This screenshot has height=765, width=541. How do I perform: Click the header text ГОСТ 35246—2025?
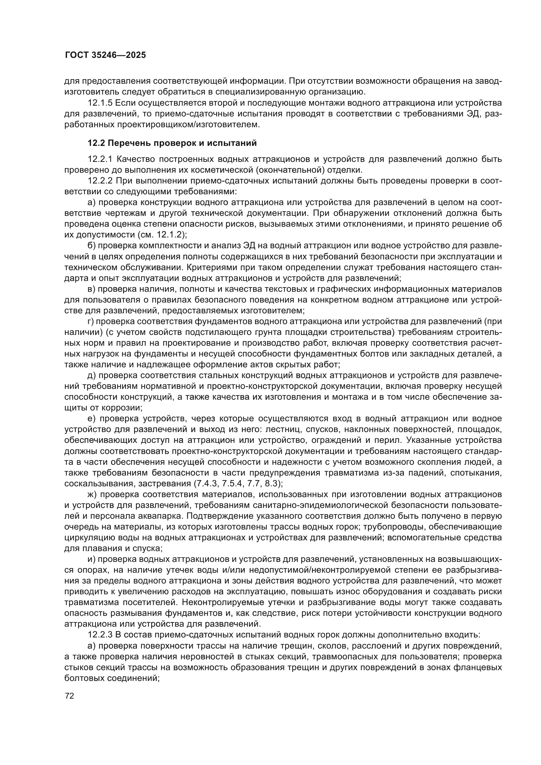click(x=105, y=55)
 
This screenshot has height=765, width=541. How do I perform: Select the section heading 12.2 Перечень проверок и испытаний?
click(x=172, y=143)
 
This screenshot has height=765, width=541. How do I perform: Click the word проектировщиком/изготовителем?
click(x=188, y=125)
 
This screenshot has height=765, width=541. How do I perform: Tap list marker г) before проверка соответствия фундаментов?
click(x=91, y=322)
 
